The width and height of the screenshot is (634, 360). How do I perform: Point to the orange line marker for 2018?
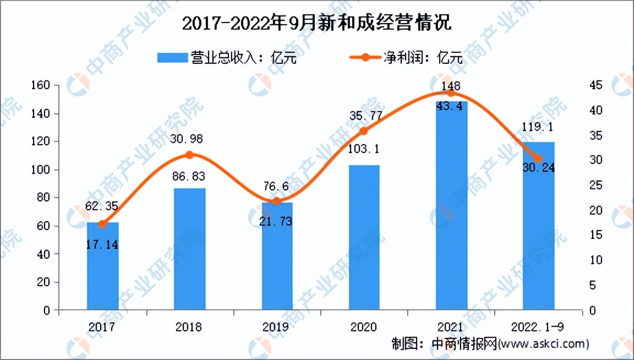(190, 155)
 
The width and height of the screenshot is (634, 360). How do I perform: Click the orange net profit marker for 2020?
(364, 131)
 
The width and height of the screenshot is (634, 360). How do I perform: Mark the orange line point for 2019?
(277, 201)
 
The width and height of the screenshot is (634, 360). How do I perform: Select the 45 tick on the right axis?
(596, 85)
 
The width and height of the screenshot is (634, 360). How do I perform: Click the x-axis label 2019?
(277, 327)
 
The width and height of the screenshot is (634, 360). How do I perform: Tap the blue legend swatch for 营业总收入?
(172, 58)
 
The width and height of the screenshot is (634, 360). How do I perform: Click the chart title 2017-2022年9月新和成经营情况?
(316, 23)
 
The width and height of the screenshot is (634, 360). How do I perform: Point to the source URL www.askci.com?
(543, 344)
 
